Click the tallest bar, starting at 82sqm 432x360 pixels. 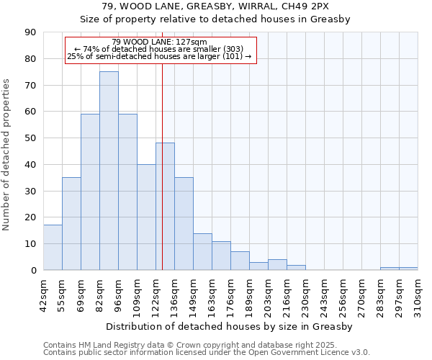pyautogui.click(x=109, y=171)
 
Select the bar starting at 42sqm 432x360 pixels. pyautogui.click(x=53, y=248)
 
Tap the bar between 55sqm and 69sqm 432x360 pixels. pyautogui.click(x=71, y=223)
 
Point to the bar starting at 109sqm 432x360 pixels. pyautogui.click(x=146, y=217)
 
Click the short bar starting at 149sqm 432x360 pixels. pyautogui.click(x=202, y=251)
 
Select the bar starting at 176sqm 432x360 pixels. pyautogui.click(x=240, y=261)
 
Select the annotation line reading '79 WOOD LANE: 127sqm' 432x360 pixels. pyautogui.click(x=160, y=42)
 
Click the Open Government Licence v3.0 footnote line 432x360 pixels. pyautogui.click(x=207, y=353)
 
